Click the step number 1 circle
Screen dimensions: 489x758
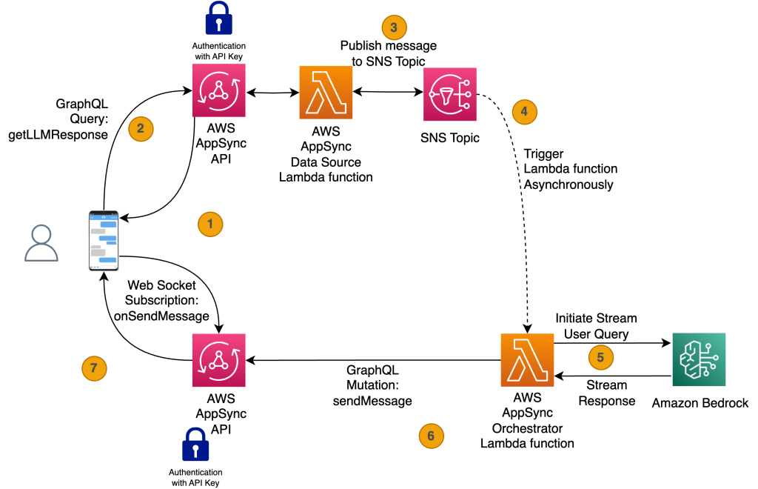click(x=210, y=223)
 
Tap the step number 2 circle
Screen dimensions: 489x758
click(x=141, y=128)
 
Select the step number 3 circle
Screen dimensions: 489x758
click(x=394, y=27)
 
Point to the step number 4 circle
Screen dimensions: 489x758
click(x=524, y=111)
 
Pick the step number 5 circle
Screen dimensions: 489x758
click(x=600, y=357)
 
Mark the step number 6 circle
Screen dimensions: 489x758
click(x=431, y=435)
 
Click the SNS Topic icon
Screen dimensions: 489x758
click(x=449, y=94)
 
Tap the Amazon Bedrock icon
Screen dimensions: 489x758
click(x=698, y=359)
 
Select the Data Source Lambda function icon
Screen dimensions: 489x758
click(x=326, y=93)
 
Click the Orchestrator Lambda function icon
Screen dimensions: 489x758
click(x=526, y=359)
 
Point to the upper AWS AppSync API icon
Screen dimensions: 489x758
click(x=218, y=90)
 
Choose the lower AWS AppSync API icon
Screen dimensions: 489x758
click(x=218, y=359)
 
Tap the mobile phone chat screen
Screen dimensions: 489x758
click(x=104, y=240)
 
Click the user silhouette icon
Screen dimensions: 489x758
click(x=41, y=243)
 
